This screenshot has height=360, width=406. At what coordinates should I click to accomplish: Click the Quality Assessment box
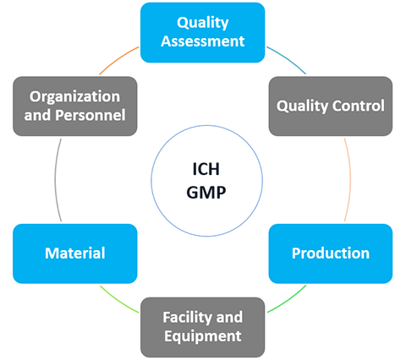[203, 32]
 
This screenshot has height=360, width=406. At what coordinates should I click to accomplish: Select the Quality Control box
[331, 106]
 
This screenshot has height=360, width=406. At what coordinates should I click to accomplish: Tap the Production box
[331, 254]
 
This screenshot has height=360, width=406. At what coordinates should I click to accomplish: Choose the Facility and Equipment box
[203, 327]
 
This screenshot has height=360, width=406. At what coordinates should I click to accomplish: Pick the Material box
[75, 254]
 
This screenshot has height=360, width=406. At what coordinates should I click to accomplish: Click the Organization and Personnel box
[75, 106]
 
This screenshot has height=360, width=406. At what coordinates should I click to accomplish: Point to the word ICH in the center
[206, 169]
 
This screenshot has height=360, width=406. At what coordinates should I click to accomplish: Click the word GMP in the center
[206, 193]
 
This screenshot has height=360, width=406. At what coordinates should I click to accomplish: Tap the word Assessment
[203, 41]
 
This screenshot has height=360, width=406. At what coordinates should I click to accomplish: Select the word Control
[359, 106]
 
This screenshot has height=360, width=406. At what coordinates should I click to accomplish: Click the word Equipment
[203, 336]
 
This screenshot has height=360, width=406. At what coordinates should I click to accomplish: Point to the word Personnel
[91, 115]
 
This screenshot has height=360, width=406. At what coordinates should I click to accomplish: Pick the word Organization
[75, 97]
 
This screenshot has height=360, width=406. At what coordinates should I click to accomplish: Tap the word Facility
[183, 318]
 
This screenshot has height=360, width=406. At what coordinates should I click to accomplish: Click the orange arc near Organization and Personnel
[118, 59]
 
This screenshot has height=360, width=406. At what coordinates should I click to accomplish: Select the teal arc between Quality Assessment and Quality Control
[287, 59]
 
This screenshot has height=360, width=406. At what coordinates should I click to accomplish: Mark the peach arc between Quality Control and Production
[350, 180]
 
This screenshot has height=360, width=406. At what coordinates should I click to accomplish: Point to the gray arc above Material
[55, 180]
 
